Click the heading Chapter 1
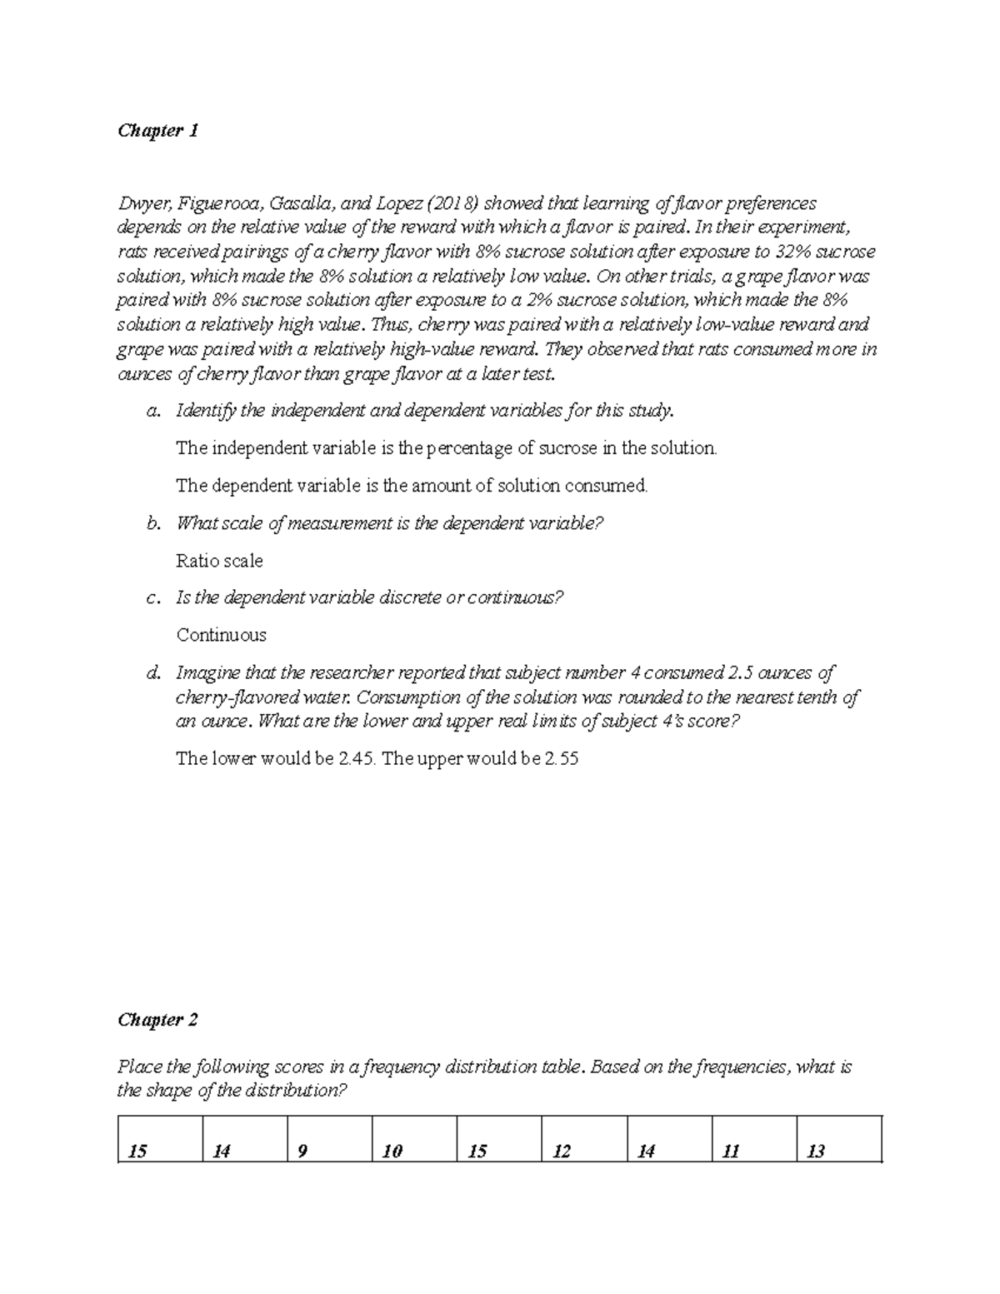click(157, 131)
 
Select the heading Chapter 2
click(157, 1020)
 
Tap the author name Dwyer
click(140, 203)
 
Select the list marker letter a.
click(152, 411)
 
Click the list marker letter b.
click(152, 523)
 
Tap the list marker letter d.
click(152, 672)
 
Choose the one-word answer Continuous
click(221, 635)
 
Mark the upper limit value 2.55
click(560, 759)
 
